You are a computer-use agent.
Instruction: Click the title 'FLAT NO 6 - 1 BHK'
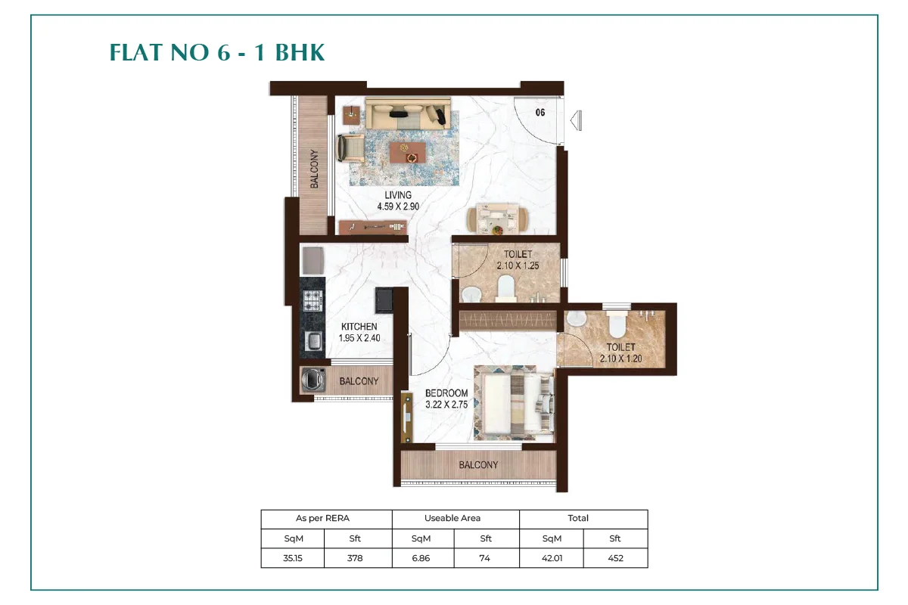click(217, 53)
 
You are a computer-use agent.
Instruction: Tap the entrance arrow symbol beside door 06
click(576, 121)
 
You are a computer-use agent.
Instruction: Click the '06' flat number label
click(540, 113)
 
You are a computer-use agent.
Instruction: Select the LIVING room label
click(398, 195)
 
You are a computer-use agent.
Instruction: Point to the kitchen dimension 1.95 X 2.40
click(359, 338)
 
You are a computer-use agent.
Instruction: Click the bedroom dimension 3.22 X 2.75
click(446, 405)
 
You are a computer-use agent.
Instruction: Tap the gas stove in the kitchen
click(313, 301)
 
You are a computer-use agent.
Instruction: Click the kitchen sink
click(313, 341)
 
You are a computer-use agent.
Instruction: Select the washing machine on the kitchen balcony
click(313, 380)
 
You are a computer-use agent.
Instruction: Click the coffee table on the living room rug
click(407, 152)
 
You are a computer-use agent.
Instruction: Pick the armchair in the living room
click(351, 149)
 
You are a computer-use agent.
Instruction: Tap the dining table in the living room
click(497, 219)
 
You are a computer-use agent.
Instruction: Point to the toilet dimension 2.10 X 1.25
click(518, 266)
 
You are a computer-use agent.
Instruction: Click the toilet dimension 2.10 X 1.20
click(620, 358)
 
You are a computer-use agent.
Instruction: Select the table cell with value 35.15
click(293, 558)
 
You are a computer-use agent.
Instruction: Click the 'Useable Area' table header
click(452, 518)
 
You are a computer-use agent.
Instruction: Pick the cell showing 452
click(615, 558)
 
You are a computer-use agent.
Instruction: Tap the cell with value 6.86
click(421, 558)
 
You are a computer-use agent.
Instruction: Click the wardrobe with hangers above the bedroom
click(508, 321)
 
